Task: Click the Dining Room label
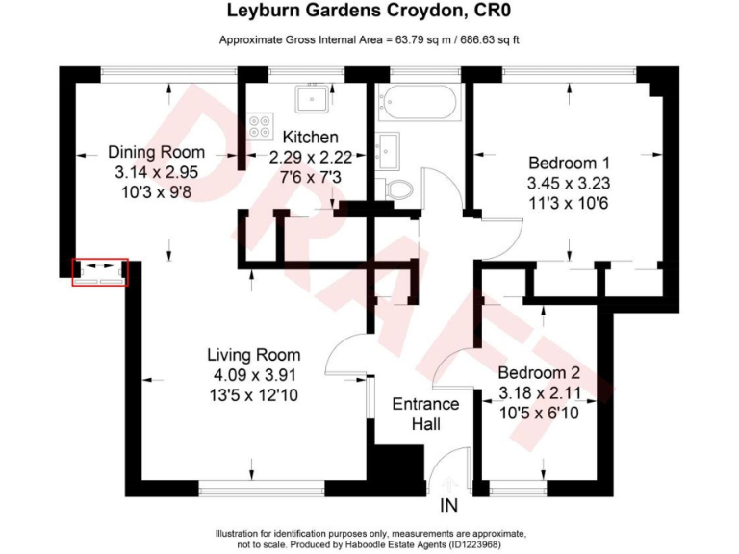click(x=157, y=153)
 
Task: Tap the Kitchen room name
click(x=303, y=138)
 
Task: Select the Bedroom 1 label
click(x=569, y=163)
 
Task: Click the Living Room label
click(x=255, y=355)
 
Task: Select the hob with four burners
click(x=259, y=126)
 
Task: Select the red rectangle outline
click(x=100, y=272)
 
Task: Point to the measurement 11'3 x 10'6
click(x=569, y=203)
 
